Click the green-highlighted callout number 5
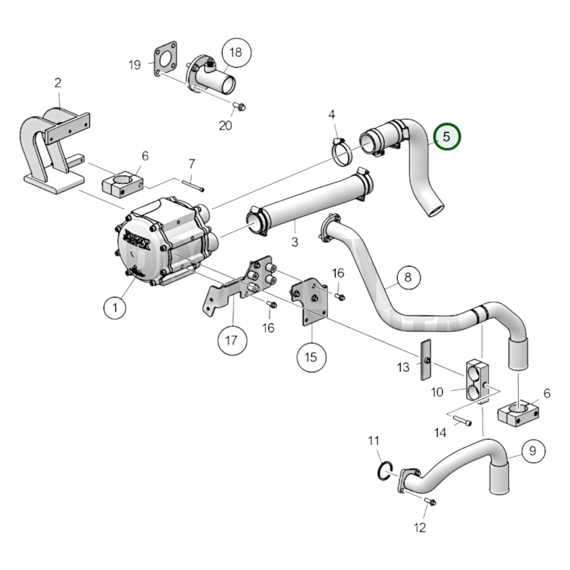tap(447, 136)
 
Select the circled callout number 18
tap(235, 52)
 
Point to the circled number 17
tap(232, 340)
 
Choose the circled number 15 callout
tap(311, 357)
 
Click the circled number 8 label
tap(407, 277)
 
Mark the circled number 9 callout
tap(533, 450)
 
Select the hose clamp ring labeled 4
tap(342, 155)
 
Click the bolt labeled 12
tap(430, 502)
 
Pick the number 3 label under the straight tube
tap(295, 241)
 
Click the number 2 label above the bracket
tap(58, 83)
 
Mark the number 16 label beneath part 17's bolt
tap(268, 327)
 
